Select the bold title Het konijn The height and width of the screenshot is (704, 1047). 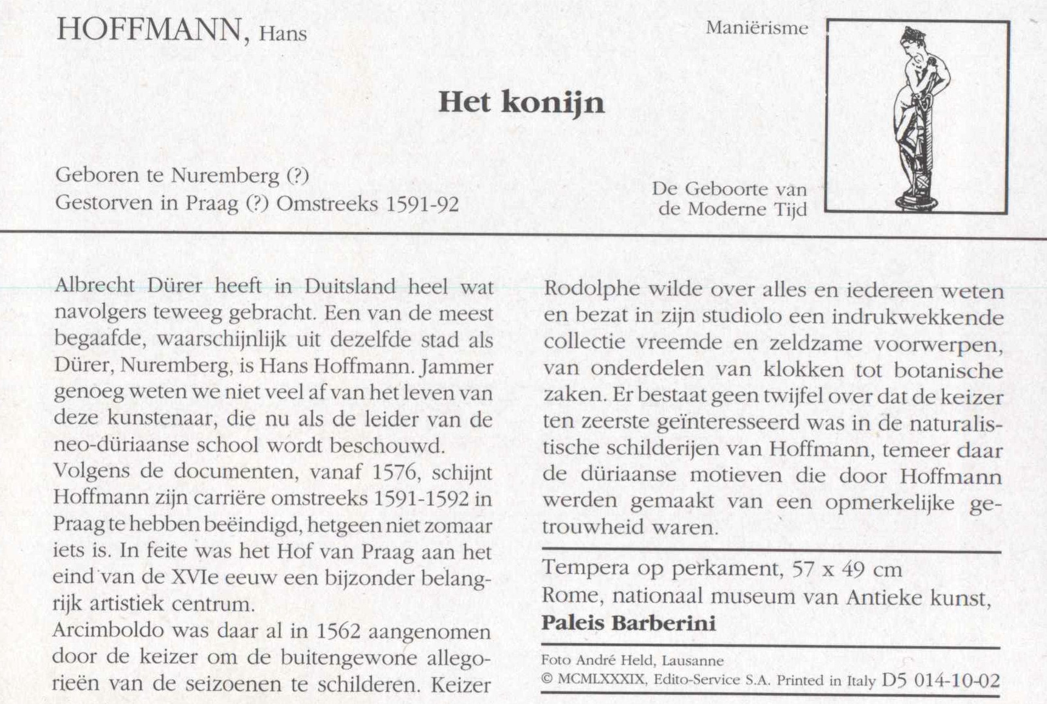521,102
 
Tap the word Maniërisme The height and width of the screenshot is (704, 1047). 757,28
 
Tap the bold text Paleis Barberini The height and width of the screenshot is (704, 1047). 628,623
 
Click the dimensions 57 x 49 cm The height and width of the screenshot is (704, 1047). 847,569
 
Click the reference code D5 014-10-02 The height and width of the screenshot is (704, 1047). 940,680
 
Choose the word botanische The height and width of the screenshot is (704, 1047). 950,369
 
